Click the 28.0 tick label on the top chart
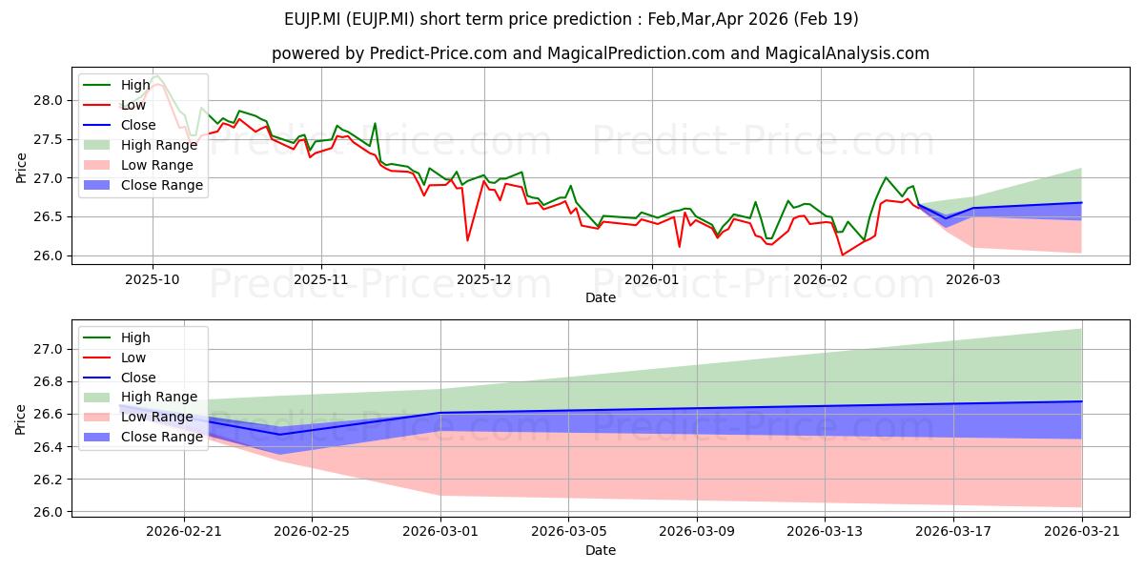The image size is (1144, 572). point(49,101)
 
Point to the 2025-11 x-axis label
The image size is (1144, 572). point(320,280)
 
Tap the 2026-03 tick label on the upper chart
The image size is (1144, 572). point(973,280)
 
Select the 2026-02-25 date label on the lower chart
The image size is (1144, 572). point(312,532)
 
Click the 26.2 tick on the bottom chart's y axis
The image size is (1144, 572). point(49,480)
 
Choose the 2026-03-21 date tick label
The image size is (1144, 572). point(1082,532)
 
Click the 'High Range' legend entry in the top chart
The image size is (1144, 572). point(140,145)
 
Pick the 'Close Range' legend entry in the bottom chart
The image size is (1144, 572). point(142,437)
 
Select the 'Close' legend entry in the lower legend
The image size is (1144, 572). point(119,378)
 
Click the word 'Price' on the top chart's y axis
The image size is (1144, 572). point(21,168)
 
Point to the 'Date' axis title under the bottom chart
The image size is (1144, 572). point(600,551)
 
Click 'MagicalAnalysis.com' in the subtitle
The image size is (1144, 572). point(847,53)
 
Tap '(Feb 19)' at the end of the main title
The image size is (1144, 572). point(826,19)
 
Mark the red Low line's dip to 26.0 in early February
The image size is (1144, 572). point(842,255)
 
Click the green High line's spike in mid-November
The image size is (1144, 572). point(375,123)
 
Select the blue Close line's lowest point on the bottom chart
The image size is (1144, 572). point(279,435)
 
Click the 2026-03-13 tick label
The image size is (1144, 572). point(825,532)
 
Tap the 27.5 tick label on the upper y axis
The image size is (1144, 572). point(49,139)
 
